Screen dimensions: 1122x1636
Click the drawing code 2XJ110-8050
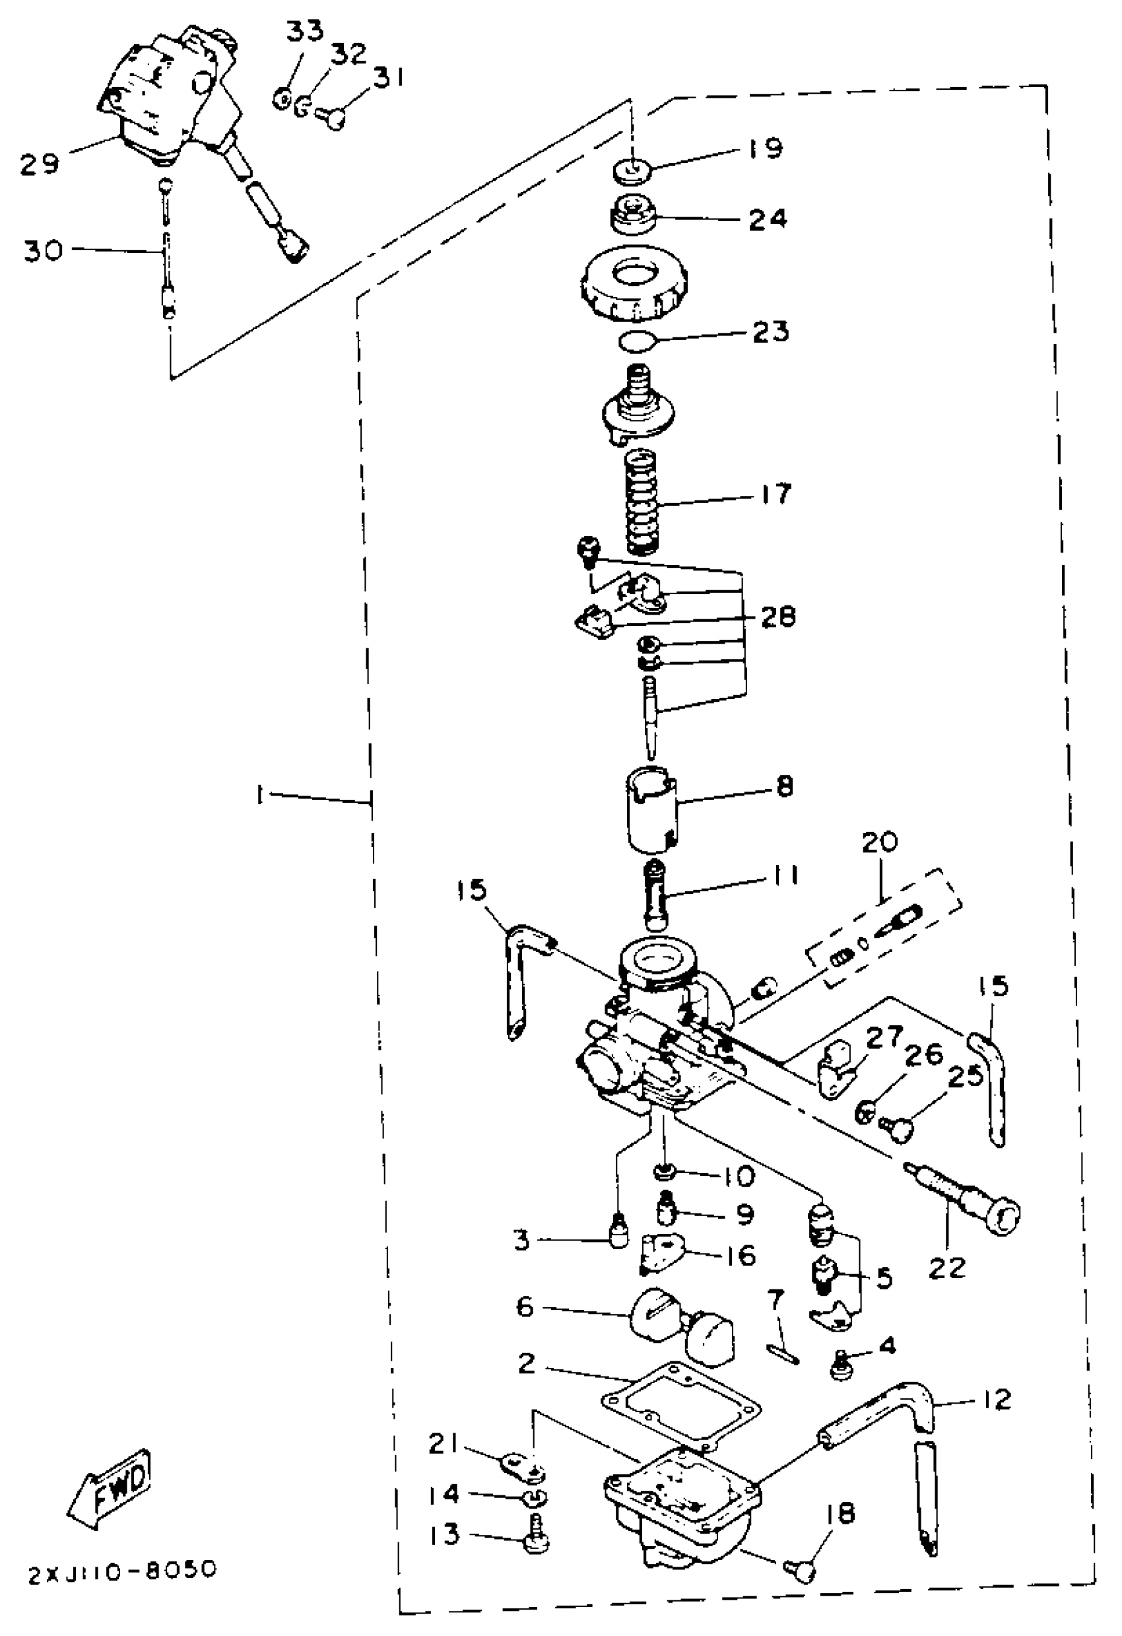click(123, 1571)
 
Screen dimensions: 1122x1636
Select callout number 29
click(40, 163)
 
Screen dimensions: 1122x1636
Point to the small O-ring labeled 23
click(636, 343)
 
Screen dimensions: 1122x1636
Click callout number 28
click(777, 617)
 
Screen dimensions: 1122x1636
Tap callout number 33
click(304, 32)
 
